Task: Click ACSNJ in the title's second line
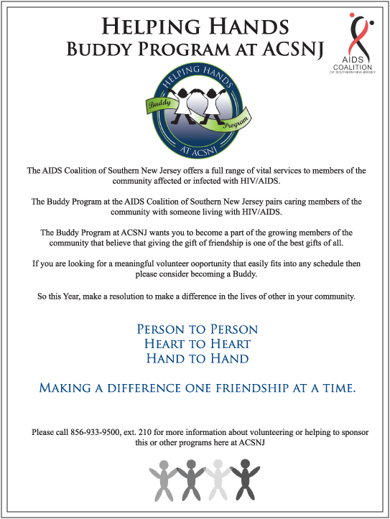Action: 282,50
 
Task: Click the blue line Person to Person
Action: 197,329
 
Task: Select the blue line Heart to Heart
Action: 197,344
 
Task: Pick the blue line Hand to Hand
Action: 197,358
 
